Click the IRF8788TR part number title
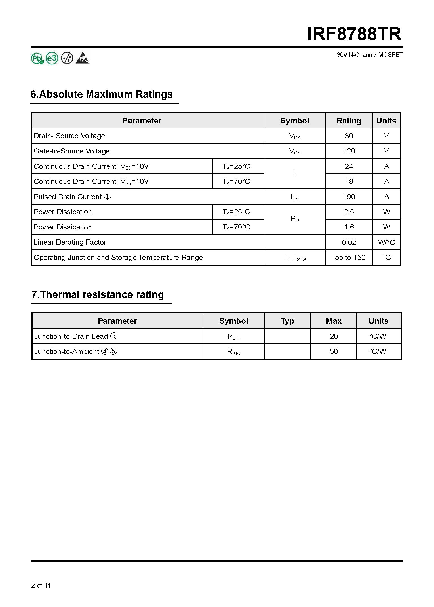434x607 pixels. click(354, 34)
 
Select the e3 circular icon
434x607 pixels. click(52, 58)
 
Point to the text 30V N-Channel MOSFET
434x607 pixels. click(369, 55)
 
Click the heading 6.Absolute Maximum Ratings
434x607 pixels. click(102, 94)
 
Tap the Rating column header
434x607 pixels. click(349, 121)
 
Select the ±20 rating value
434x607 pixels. click(349, 151)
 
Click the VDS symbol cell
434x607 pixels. click(294, 136)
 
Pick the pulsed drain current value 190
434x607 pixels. click(349, 197)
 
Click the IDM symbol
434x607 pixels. click(294, 197)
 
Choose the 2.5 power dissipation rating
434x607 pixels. click(349, 212)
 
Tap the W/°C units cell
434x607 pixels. click(386, 243)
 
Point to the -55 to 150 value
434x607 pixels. click(349, 258)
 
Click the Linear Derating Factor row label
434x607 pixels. click(70, 242)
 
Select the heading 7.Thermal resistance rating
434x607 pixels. click(98, 295)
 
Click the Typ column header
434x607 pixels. click(287, 321)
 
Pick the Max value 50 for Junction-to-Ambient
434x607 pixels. click(334, 352)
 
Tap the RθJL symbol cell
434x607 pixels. click(233, 337)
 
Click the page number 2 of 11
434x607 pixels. click(41, 585)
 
